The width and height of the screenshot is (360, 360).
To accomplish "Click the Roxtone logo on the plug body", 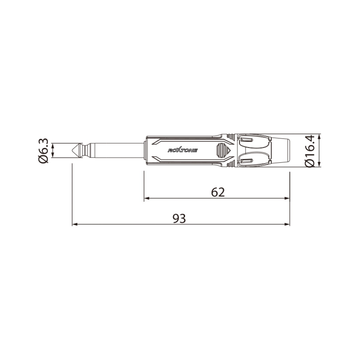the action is (x=182, y=150).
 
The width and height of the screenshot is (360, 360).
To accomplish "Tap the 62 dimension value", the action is (x=218, y=192).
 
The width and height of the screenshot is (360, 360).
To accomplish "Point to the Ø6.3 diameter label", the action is (x=43, y=151).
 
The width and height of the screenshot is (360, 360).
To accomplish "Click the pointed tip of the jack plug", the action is (x=73, y=150).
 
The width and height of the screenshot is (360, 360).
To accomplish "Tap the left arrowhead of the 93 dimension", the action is (x=75, y=224).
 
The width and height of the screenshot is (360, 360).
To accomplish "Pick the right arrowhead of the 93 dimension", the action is (x=287, y=224).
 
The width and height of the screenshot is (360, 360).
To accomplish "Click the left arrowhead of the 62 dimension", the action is (x=147, y=198).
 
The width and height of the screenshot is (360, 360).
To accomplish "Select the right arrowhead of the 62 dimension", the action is (x=287, y=198).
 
